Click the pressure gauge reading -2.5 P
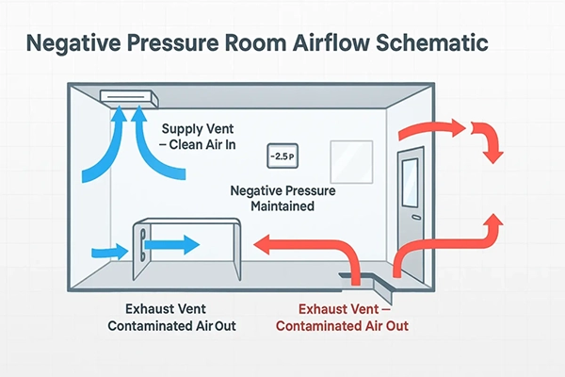(282, 155)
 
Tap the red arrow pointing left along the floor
(301, 246)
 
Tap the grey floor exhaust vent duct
(368, 278)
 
